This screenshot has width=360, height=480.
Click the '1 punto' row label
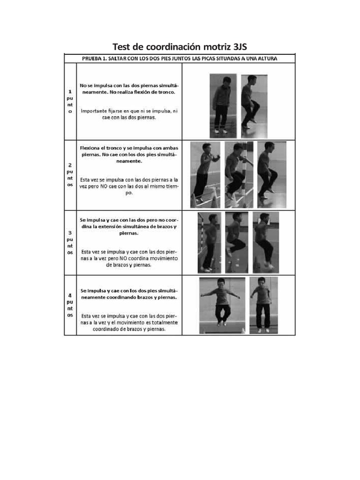pyautogui.click(x=70, y=101)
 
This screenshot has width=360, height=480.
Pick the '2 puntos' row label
pyautogui.click(x=70, y=175)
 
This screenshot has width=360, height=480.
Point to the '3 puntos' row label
pyautogui.click(x=70, y=242)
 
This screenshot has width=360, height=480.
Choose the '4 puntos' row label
pyautogui.click(x=70, y=305)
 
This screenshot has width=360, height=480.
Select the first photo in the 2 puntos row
pyautogui.click(x=205, y=174)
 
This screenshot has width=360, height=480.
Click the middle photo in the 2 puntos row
pyautogui.click(x=239, y=174)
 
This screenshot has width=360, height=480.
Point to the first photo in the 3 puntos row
pyautogui.click(x=209, y=242)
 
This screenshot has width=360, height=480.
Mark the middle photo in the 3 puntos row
pyautogui.click(x=237, y=242)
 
